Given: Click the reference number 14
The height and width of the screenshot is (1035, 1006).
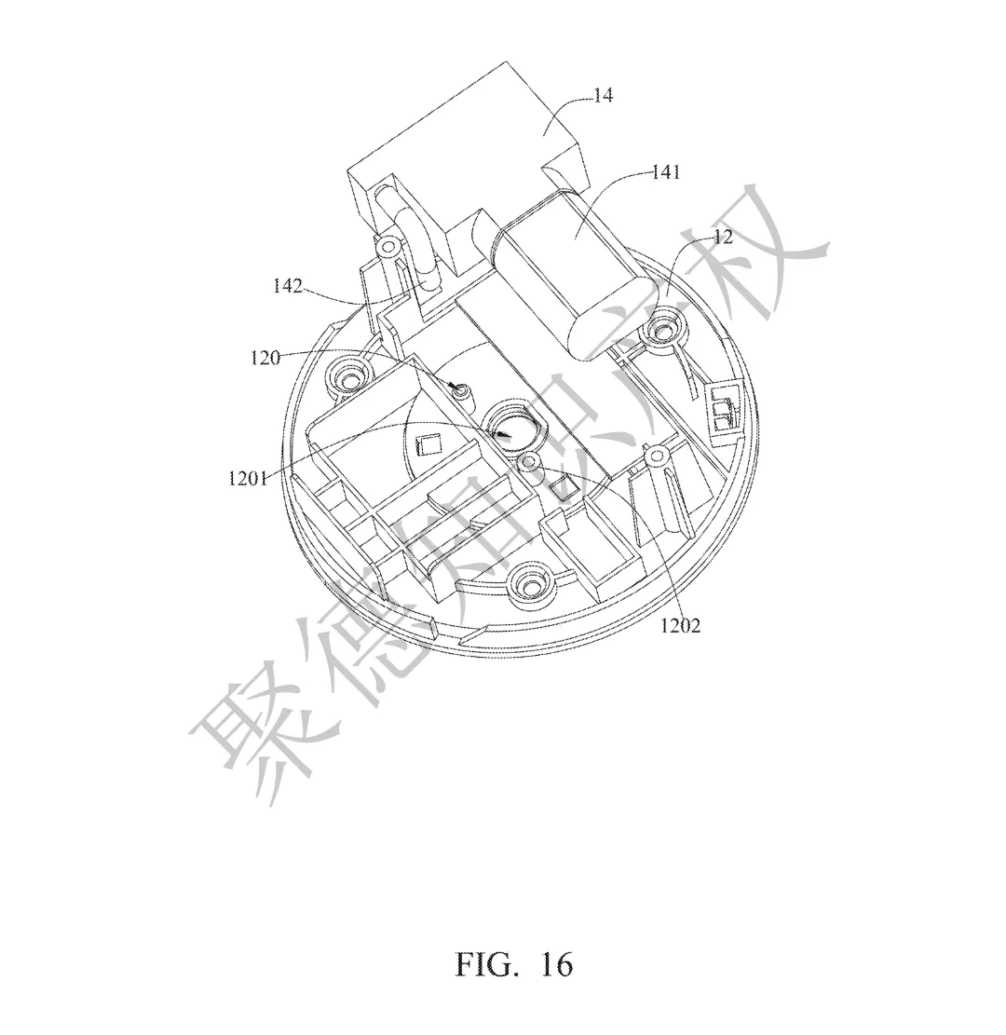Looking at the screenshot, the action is pyautogui.click(x=603, y=96).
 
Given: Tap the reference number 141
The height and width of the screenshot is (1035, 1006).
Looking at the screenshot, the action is pyautogui.click(x=666, y=173).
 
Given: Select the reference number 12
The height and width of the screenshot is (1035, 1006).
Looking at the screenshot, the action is pyautogui.click(x=723, y=237).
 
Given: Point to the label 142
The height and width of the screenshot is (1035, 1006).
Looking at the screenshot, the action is pyautogui.click(x=288, y=287).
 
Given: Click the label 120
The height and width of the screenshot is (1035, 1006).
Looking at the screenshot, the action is pyautogui.click(x=265, y=357).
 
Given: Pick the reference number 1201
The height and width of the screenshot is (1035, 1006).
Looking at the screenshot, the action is pyautogui.click(x=248, y=479).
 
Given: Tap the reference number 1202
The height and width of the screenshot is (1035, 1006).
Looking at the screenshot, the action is pyautogui.click(x=681, y=625).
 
